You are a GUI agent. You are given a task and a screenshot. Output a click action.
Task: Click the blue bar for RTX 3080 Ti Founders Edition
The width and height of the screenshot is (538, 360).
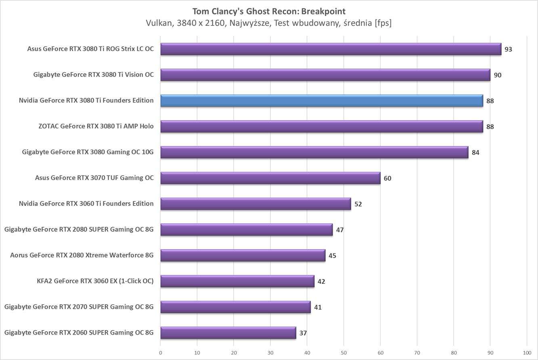322,100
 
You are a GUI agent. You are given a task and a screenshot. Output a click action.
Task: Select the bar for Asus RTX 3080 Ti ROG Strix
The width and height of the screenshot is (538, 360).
331,49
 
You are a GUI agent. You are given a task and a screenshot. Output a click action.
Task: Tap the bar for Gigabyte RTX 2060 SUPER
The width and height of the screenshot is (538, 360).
228,333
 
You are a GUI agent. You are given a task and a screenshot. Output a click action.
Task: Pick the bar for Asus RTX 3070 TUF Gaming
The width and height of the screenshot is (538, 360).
270,178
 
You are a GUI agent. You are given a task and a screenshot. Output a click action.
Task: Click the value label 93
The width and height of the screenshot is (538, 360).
508,49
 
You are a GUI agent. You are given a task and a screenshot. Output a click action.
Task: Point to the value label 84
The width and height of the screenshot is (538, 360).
475,153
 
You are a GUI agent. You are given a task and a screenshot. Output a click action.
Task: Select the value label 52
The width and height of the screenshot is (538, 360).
358,204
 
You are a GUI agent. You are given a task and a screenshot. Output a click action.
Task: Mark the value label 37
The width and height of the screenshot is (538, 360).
303,333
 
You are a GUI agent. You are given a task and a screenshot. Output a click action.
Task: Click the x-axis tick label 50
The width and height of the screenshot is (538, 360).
343,352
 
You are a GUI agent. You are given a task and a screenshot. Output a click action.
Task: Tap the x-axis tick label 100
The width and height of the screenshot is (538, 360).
527,352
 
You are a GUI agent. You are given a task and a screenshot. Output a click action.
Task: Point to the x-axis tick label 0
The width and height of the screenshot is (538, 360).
161,352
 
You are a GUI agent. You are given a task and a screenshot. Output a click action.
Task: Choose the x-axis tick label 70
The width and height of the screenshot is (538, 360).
417,352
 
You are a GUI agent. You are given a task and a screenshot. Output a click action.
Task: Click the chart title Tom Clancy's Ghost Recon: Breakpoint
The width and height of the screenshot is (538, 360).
269,11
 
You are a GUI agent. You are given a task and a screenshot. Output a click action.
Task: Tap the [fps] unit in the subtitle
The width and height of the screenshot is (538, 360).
383,23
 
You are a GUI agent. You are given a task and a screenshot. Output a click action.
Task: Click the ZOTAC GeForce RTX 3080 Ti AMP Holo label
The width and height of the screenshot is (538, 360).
96,126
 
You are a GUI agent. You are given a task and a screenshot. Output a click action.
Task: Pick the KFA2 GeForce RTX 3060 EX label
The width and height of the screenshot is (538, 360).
95,281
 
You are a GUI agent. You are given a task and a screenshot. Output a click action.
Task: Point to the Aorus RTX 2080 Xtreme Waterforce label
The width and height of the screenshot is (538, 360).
82,255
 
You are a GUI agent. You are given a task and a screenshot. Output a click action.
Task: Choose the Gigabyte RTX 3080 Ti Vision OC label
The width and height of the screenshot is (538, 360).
93,75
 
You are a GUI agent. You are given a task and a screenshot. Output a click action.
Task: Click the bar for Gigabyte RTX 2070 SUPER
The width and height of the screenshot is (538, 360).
235,307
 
